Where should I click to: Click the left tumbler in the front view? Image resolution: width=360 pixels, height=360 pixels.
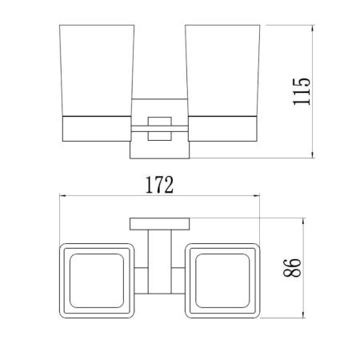[x=95, y=72]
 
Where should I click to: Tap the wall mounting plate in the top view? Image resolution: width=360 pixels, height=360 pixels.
[x=158, y=224]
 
